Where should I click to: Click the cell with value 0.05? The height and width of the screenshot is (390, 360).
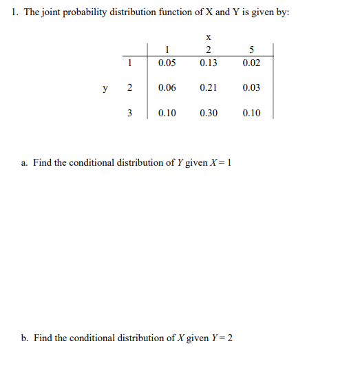click(167, 63)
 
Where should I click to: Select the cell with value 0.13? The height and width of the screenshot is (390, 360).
click(208, 63)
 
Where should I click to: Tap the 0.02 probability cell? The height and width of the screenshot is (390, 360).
click(251, 63)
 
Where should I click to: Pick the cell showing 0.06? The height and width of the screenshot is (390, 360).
click(167, 88)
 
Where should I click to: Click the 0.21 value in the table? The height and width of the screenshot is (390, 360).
click(208, 88)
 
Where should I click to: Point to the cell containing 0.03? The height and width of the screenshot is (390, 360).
click(251, 88)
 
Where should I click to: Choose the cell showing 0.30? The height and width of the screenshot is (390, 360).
click(208, 113)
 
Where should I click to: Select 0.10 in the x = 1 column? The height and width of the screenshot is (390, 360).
click(167, 113)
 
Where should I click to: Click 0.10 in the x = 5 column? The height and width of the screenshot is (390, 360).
click(251, 113)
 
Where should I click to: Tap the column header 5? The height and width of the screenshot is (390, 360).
click(251, 49)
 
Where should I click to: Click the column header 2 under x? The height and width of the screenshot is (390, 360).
click(208, 49)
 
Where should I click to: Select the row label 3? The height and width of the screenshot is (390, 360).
click(129, 113)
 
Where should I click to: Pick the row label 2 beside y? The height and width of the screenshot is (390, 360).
click(129, 88)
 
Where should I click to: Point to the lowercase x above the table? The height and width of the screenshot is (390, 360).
click(208, 36)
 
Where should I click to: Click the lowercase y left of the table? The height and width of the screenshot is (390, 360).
click(105, 88)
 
